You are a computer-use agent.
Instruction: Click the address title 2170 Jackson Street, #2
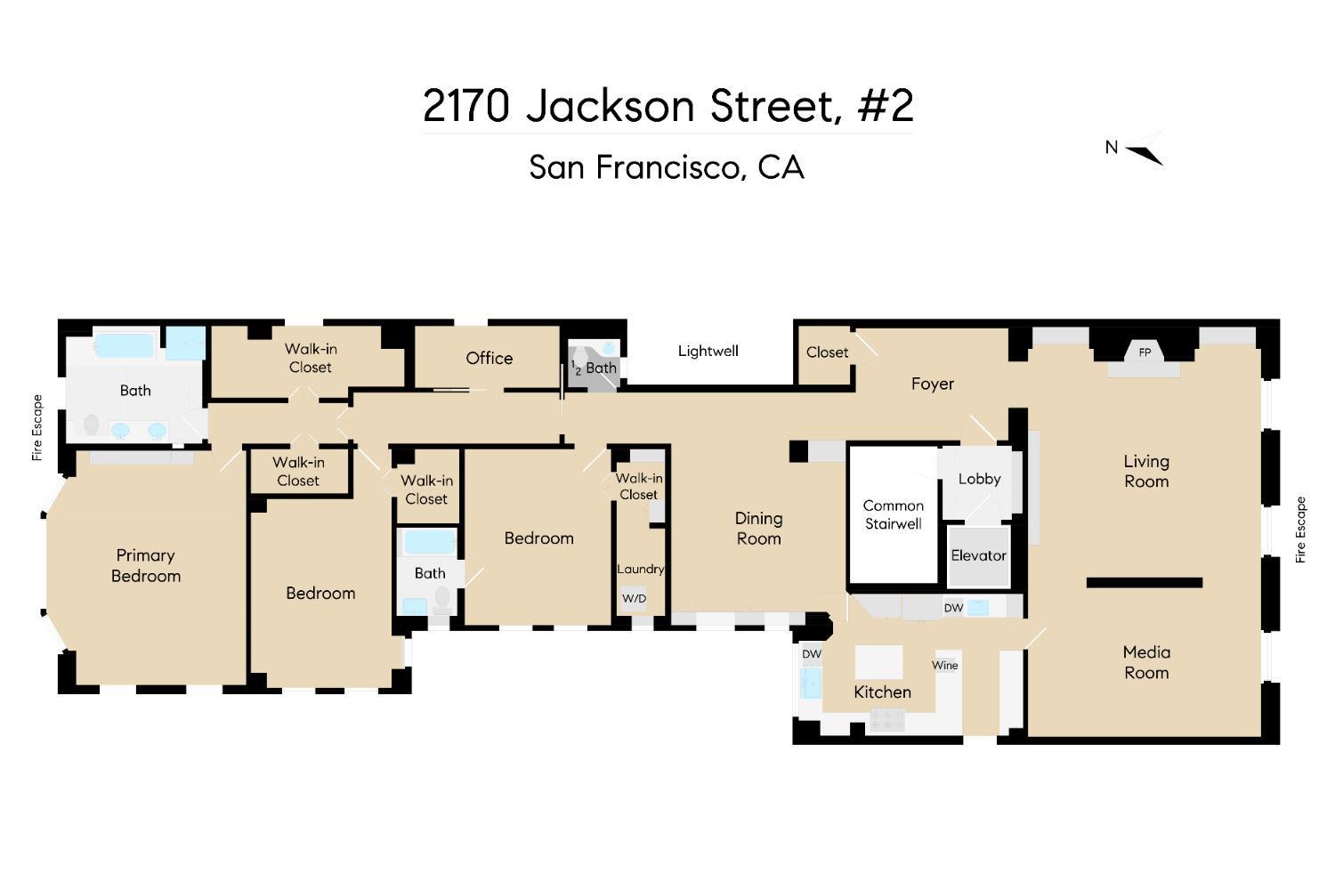tap(667, 106)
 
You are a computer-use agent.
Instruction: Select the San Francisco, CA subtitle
tap(667, 167)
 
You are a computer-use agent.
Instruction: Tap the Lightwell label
tap(708, 351)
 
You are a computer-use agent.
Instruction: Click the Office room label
tap(489, 358)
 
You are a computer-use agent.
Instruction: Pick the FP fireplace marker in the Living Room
tap(1145, 352)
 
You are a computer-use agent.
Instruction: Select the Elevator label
tap(978, 555)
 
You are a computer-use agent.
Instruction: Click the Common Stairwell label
tap(893, 514)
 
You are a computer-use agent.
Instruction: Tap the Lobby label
tap(979, 479)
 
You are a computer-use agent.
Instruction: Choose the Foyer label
tap(932, 384)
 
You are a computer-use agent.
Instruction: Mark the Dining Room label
tap(758, 528)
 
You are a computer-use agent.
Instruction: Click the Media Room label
tap(1145, 662)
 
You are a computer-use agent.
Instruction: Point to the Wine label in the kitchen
tap(944, 665)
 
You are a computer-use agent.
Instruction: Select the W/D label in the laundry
tap(634, 598)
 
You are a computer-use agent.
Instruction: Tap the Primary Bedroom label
tap(145, 565)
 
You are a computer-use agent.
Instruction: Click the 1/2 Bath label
tap(594, 368)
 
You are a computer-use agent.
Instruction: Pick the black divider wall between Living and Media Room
tap(1144, 583)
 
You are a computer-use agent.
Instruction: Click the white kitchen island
tap(878, 662)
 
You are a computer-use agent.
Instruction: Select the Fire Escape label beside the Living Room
tap(1300, 530)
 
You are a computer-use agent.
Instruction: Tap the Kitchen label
tap(882, 692)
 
